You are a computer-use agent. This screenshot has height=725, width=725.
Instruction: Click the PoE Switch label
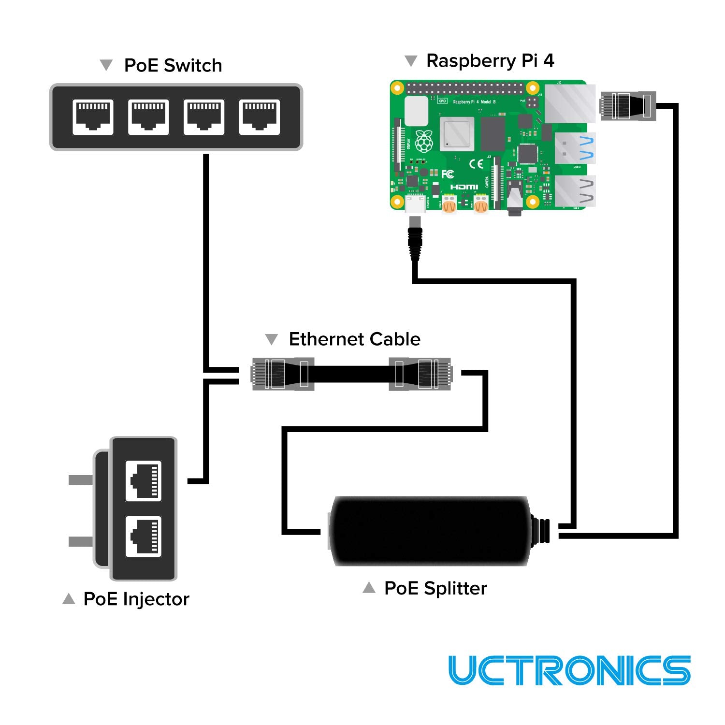tap(173, 65)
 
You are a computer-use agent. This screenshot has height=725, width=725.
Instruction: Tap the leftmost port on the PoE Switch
tap(93, 116)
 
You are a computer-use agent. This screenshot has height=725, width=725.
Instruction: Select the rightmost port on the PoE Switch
tap(260, 116)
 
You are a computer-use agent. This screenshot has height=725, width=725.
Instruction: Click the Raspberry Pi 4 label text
tap(490, 60)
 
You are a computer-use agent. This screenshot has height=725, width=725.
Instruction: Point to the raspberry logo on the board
tap(424, 141)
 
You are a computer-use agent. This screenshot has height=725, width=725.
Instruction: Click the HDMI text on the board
tap(464, 187)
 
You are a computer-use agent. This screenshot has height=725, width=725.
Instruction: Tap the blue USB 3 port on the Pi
tap(575, 148)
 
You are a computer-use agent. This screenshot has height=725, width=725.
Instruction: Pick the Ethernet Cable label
tap(354, 339)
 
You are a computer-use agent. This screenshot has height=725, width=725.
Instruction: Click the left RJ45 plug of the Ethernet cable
tap(283, 374)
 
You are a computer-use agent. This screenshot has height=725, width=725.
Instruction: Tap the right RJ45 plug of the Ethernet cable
tap(420, 374)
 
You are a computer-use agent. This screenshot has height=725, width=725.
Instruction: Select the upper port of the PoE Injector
tap(144, 481)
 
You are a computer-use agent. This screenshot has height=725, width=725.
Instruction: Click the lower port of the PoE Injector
tap(144, 536)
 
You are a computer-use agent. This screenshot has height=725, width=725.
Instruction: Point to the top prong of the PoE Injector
tap(80, 480)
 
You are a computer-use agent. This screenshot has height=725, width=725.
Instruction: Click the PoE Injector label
tap(136, 599)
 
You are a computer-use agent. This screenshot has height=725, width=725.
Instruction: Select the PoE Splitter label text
tap(435, 588)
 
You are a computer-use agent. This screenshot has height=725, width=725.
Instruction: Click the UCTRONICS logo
tap(569, 670)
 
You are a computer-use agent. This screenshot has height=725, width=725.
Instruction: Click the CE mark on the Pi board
tap(476, 163)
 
